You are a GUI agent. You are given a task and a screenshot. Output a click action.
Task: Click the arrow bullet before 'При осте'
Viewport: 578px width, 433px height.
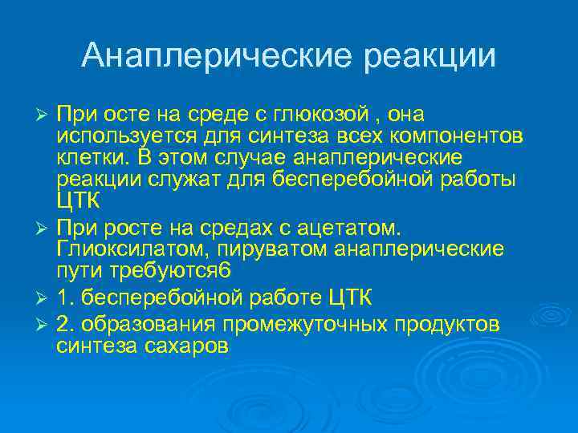tap(45, 115)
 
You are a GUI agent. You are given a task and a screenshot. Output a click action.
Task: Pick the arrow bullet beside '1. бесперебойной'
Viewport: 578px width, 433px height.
tap(45, 299)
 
